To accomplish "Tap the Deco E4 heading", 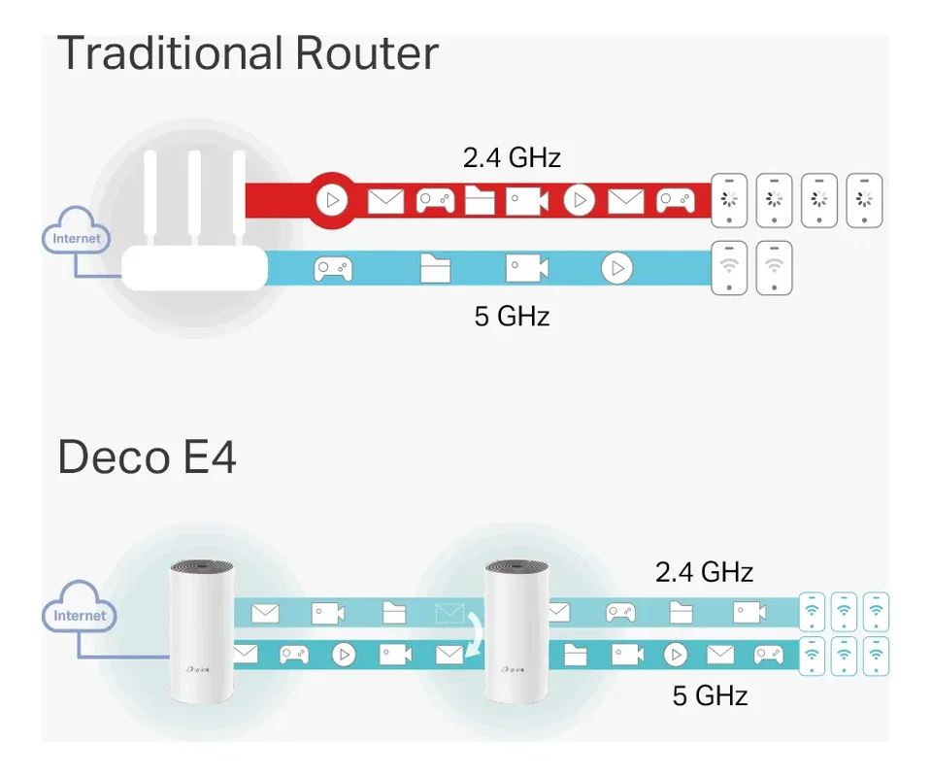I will [147, 456].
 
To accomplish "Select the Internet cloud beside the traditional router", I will [77, 238].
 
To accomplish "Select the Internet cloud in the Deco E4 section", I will [79, 615].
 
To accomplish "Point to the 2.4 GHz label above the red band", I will [512, 157].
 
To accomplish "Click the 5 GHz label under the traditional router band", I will [512, 317].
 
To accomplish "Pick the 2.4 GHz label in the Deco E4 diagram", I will [704, 572].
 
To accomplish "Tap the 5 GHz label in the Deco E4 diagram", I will [710, 695].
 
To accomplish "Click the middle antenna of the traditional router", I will [194, 199].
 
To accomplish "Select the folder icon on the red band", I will [480, 201].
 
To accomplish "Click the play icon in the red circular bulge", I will [332, 201].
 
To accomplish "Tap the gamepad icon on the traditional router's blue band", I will [333, 268].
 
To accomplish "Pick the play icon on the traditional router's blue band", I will [616, 268].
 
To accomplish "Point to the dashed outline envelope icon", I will [449, 613].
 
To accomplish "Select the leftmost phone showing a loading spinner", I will [729, 201].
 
